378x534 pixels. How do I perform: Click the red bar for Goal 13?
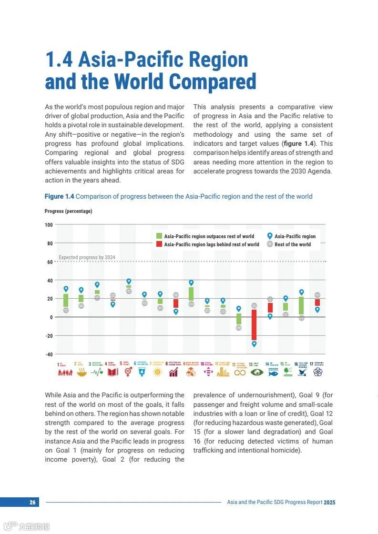(x=254, y=324)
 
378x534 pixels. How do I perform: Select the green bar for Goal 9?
(x=191, y=293)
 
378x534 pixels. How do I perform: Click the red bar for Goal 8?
(x=176, y=303)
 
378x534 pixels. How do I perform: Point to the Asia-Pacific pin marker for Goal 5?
(x=129, y=281)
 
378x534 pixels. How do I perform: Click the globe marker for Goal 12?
(x=239, y=328)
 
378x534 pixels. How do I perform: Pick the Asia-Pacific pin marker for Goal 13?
(x=254, y=343)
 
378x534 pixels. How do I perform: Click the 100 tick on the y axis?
(x=49, y=224)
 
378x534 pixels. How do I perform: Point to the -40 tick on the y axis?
(x=49, y=354)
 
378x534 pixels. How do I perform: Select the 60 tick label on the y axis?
(x=50, y=262)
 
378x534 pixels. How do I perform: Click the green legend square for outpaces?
(x=160, y=236)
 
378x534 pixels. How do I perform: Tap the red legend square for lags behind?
(x=160, y=244)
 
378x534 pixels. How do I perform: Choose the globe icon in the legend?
(x=270, y=244)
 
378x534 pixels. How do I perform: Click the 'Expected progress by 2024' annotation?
(x=87, y=257)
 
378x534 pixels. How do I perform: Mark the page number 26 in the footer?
(x=32, y=502)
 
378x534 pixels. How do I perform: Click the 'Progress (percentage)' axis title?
(x=68, y=211)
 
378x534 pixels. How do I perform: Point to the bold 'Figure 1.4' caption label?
(x=60, y=196)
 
